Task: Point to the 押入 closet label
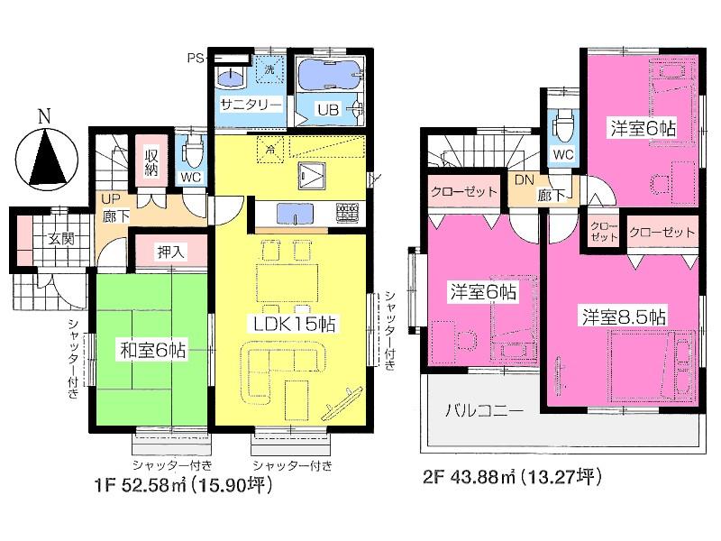[x=170, y=252]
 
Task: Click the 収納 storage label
[x=151, y=160]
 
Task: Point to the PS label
[x=194, y=59]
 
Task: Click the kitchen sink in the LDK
[x=295, y=213]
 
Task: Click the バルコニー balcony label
[x=484, y=410]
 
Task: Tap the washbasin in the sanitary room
[x=233, y=76]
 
